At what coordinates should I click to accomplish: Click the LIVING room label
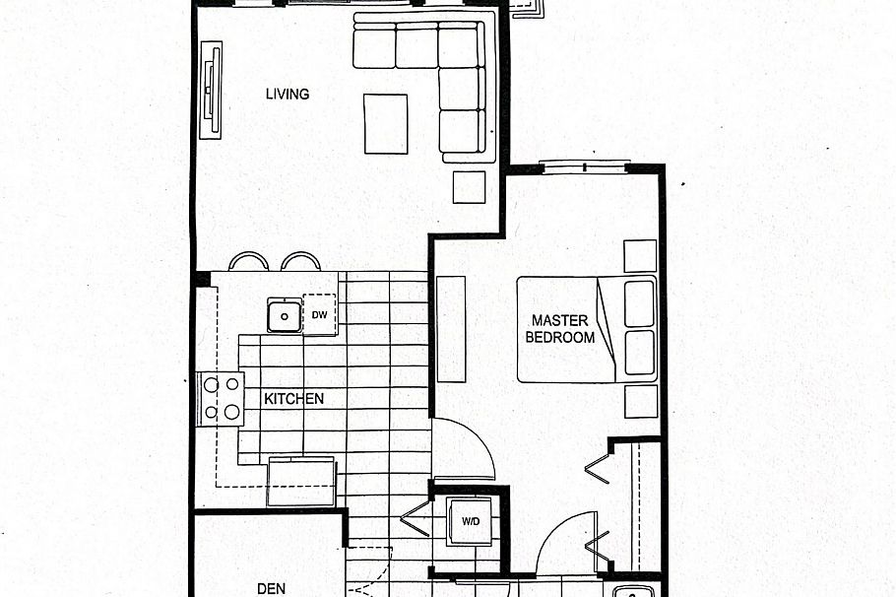coord(288,95)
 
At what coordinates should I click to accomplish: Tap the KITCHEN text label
coord(293,399)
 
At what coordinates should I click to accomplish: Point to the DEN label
coord(271,588)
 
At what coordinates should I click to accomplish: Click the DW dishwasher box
coord(319,315)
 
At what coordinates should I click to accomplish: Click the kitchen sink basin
coord(285,316)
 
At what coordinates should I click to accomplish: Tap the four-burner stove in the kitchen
coord(221,398)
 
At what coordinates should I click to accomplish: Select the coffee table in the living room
coord(386,123)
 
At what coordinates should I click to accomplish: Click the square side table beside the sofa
coord(470,187)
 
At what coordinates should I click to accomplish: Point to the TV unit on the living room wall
coord(211,91)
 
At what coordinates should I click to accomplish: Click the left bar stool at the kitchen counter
coord(248,262)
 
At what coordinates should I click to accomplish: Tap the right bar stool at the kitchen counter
coord(301,262)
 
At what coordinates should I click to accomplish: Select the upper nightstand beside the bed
coord(640,256)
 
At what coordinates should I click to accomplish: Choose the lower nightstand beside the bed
coord(640,401)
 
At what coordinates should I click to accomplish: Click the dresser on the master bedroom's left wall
coord(451,329)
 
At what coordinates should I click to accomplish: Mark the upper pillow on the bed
coord(640,303)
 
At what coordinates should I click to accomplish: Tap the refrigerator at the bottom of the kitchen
coord(301,481)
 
